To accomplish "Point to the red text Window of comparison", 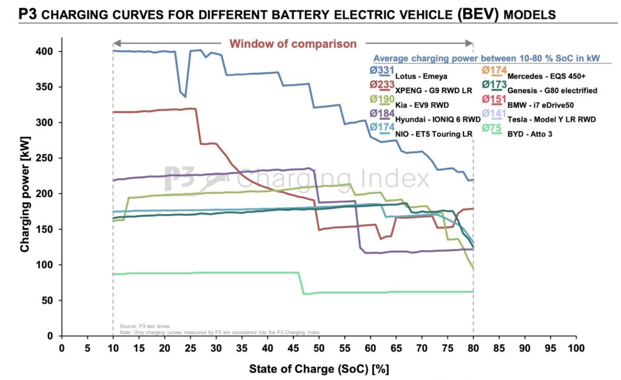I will pyautogui.click(x=292, y=43).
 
